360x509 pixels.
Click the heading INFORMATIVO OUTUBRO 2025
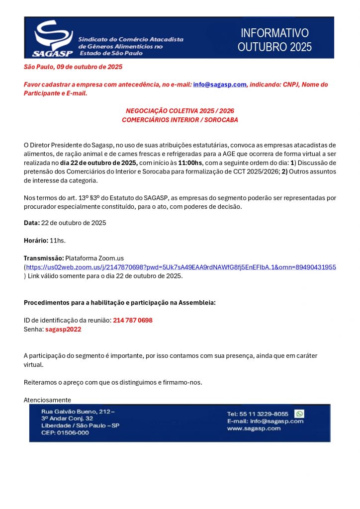point(274,40)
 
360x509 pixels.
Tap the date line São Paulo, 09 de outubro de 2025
point(73,67)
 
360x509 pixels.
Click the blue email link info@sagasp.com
point(219,85)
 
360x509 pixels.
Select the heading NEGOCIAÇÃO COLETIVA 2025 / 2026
point(180,111)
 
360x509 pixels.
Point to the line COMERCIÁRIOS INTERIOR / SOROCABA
point(180,120)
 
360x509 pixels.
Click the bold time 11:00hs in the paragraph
point(190,163)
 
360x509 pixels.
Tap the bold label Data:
point(31,223)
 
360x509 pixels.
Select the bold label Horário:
point(36,241)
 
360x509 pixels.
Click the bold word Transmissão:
point(44,258)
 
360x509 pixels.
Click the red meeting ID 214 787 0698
point(132,321)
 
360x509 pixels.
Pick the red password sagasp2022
point(63,329)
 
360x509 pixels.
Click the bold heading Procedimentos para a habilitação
point(119,303)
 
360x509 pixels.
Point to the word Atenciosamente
point(47,400)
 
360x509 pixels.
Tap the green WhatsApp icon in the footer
point(299,414)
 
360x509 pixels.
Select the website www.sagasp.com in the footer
point(254,428)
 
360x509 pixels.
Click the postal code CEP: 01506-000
point(65,432)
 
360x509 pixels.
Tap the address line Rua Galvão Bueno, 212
point(78,412)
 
